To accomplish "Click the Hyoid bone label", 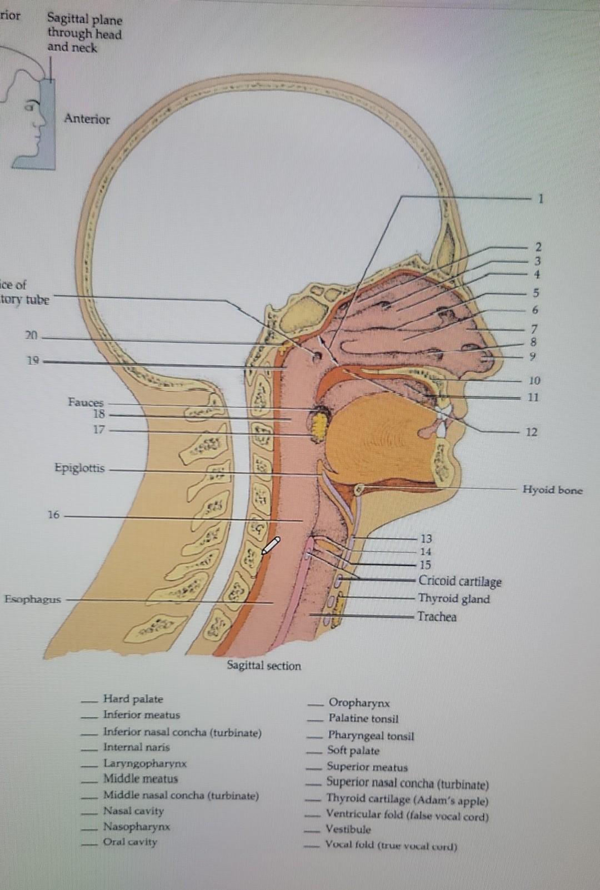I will pos(552,490).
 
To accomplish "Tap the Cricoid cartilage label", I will pos(459,581).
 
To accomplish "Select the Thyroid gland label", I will pos(454,599).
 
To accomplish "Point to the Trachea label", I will pos(437,617).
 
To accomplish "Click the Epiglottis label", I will pos(79,468).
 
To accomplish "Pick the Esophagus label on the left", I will pos(33,599).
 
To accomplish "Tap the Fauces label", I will pos(86,402).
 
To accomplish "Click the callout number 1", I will pos(540,198).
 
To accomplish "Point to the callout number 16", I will pos(53,515).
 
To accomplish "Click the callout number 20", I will pos(31,335).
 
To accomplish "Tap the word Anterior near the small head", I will pos(87,119).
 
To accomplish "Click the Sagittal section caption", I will pos(264,666).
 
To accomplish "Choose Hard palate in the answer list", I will pos(133,699).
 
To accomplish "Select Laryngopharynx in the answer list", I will pos(144,763).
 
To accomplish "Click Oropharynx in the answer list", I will pos(359,703).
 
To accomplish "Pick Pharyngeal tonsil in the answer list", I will pos(371,736).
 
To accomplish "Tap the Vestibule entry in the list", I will pos(348,829).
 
